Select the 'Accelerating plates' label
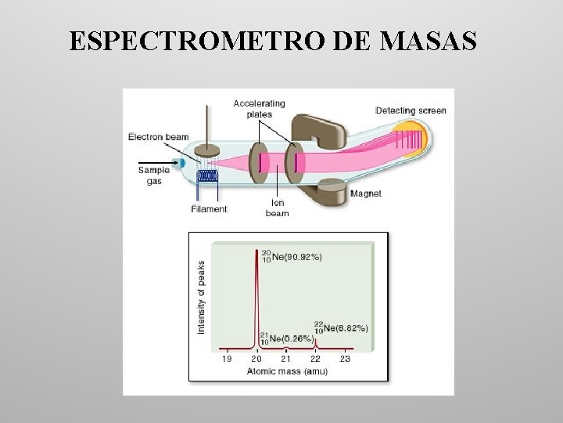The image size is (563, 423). click(260, 108)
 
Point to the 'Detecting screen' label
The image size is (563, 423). click(411, 110)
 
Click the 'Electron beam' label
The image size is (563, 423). click(159, 137)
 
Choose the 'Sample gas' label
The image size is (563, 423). click(154, 175)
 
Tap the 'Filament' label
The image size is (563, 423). click(209, 209)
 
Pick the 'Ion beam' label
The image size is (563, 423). click(277, 208)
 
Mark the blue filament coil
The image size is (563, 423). click(208, 176)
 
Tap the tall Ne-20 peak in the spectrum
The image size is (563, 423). click(257, 298)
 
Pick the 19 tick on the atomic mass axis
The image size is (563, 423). click(226, 359)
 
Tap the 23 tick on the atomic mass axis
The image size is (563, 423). click(345, 359)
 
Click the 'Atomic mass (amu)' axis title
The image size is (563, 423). click(283, 371)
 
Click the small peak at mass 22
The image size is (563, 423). click(315, 342)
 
